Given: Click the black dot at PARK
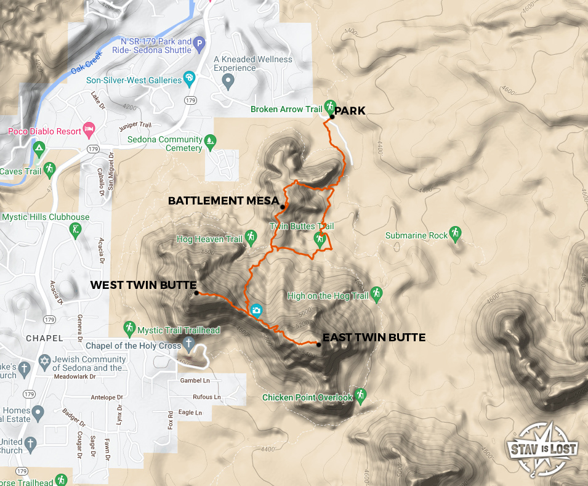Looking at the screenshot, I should (x=332, y=116).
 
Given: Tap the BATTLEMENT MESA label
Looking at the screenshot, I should (x=223, y=201).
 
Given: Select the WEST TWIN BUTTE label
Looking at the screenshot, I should (x=143, y=285).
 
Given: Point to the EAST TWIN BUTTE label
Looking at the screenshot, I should (x=374, y=338).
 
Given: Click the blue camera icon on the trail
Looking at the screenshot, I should (x=256, y=310).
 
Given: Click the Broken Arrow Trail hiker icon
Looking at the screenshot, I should (x=329, y=106).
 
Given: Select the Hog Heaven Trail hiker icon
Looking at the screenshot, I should (x=251, y=236).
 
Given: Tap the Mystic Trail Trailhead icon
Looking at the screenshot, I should (x=129, y=328).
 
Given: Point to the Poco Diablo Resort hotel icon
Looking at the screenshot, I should (x=89, y=129).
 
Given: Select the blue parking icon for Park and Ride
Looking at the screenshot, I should (x=199, y=44).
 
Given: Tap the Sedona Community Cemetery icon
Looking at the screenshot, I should (x=210, y=142).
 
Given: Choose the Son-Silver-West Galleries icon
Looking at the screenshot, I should (x=190, y=78).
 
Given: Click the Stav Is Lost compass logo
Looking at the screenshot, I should (x=541, y=448).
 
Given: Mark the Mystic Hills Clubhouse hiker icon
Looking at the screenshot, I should (x=76, y=229).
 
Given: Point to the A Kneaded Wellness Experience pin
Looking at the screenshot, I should (x=228, y=80).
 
